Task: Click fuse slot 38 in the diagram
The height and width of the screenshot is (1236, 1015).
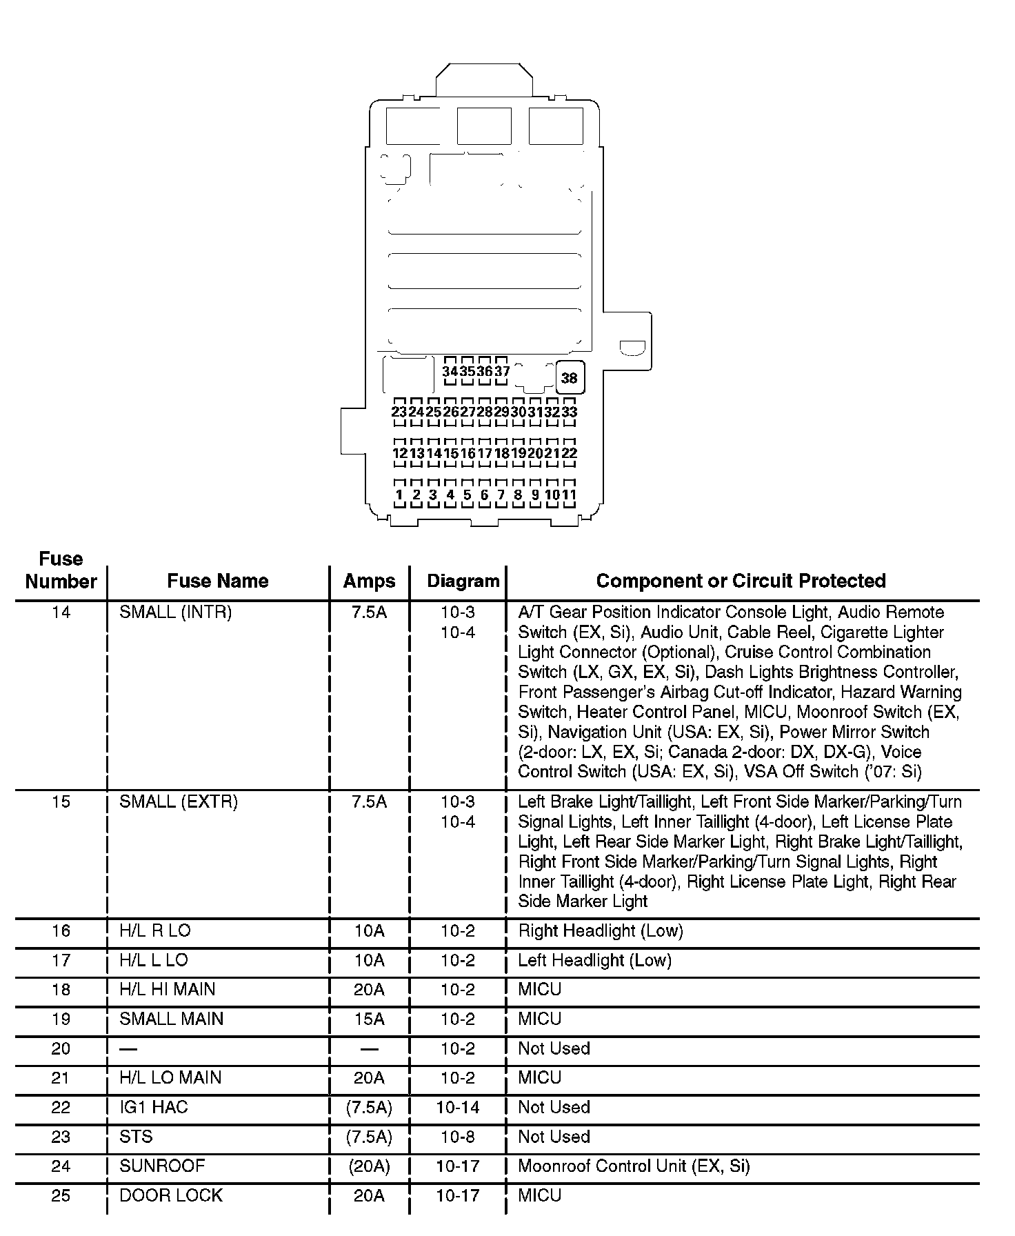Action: tap(569, 378)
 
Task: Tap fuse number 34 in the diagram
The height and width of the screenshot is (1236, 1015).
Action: tap(450, 371)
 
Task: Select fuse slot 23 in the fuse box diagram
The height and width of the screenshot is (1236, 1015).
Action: tap(399, 412)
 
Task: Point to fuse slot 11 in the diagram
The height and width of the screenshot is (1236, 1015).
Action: tap(569, 495)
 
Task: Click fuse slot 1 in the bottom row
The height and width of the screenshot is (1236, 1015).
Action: tap(399, 495)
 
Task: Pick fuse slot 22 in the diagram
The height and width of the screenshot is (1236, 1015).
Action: tap(569, 453)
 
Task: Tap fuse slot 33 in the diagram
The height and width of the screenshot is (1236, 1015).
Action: tap(569, 412)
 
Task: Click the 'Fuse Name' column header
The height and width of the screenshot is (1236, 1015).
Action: tap(217, 581)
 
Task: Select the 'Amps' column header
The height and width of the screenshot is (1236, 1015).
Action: tap(369, 581)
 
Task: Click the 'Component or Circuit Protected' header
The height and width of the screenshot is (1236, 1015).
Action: tap(741, 581)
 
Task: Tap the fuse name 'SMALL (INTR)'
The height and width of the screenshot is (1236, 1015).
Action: tap(175, 612)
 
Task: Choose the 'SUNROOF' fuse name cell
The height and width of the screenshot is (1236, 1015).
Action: tap(162, 1166)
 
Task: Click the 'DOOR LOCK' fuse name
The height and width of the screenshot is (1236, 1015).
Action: tap(171, 1195)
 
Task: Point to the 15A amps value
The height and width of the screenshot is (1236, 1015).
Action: tap(369, 1019)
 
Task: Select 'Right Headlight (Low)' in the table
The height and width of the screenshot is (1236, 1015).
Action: tap(600, 930)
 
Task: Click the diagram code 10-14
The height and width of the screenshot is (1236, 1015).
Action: tap(458, 1107)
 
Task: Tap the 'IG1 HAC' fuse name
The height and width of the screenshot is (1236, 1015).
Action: tap(153, 1107)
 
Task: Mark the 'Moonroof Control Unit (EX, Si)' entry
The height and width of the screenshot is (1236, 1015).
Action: tap(634, 1166)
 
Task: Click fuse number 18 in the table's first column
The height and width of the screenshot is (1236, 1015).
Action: tap(61, 989)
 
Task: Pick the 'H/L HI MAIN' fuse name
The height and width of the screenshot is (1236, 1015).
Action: tap(167, 989)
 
